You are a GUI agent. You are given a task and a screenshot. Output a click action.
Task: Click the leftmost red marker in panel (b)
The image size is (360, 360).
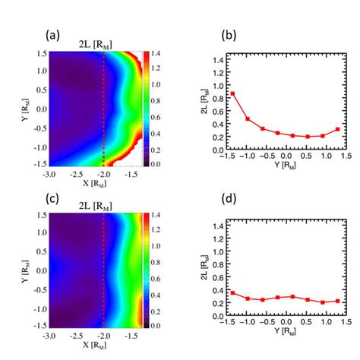click(x=232, y=93)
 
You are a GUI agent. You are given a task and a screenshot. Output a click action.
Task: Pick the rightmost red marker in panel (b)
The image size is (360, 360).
click(x=337, y=129)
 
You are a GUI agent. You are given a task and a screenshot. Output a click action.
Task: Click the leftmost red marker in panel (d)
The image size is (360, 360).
click(x=232, y=292)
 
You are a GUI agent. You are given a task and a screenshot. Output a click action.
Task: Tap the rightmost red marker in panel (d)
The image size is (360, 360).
click(x=337, y=301)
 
